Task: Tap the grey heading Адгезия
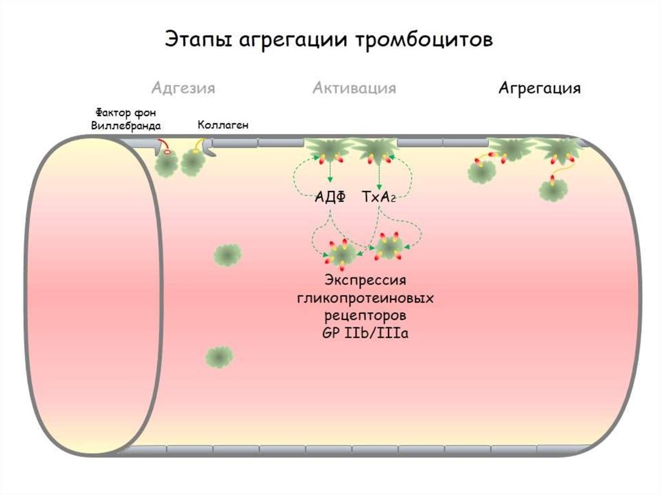(183, 88)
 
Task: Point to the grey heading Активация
(354, 88)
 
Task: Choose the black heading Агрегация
(540, 88)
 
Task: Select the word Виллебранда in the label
(126, 125)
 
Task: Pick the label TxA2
(378, 197)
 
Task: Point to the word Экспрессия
(365, 282)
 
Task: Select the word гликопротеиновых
(365, 299)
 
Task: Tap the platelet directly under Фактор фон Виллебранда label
(168, 165)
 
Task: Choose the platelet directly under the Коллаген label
(193, 162)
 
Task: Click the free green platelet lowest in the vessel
(219, 356)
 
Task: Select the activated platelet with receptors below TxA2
(390, 247)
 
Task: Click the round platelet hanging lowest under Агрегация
(553, 190)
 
